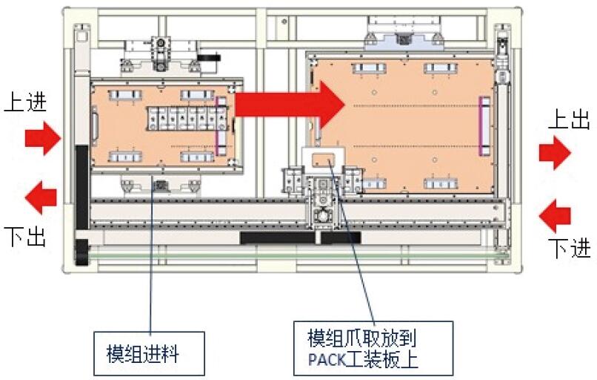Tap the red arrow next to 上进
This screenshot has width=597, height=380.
(x=41, y=138)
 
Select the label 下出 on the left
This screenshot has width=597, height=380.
(x=24, y=237)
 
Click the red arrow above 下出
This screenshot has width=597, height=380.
(x=41, y=198)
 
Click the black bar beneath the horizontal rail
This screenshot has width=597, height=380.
(x=300, y=237)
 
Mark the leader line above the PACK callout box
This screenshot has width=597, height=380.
(x=356, y=252)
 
